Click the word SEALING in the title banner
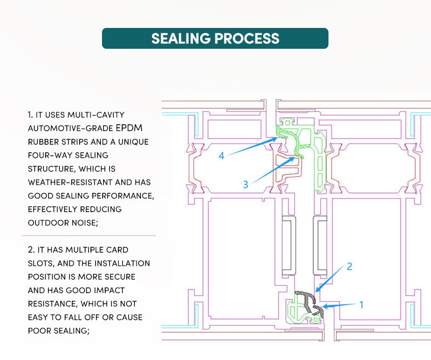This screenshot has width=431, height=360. [180, 39]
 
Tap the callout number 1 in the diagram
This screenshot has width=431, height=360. [361, 305]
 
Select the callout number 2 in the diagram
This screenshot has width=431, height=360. [349, 267]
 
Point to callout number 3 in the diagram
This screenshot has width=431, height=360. [246, 185]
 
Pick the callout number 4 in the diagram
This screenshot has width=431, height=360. [222, 156]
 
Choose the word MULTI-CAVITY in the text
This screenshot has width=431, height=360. [95, 115]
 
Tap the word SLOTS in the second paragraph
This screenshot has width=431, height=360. [39, 263]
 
